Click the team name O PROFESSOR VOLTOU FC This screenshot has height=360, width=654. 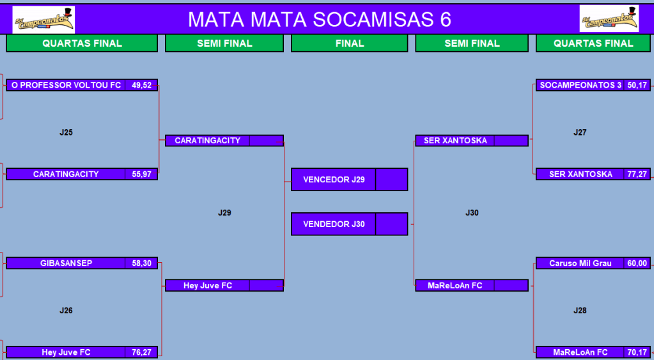66,85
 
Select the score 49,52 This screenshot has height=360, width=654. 141,85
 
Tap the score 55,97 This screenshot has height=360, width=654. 141,174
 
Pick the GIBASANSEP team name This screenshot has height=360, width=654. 66,263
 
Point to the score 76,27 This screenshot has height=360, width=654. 141,352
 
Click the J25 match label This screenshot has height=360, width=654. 66,132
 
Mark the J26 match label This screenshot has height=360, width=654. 66,310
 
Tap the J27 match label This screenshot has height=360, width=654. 580,132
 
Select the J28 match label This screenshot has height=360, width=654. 580,310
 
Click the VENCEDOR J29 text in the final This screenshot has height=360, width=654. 334,180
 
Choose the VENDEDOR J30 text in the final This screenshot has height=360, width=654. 334,224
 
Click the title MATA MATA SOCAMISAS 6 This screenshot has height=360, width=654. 320,19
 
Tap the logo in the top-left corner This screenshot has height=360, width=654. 44,20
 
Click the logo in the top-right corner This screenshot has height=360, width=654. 609,19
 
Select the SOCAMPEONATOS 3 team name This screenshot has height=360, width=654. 580,85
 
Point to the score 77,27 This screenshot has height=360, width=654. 637,174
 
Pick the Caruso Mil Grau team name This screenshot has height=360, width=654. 580,263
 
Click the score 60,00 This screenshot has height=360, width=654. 637,263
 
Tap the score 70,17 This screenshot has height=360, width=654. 637,352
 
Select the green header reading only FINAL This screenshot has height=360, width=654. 350,43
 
